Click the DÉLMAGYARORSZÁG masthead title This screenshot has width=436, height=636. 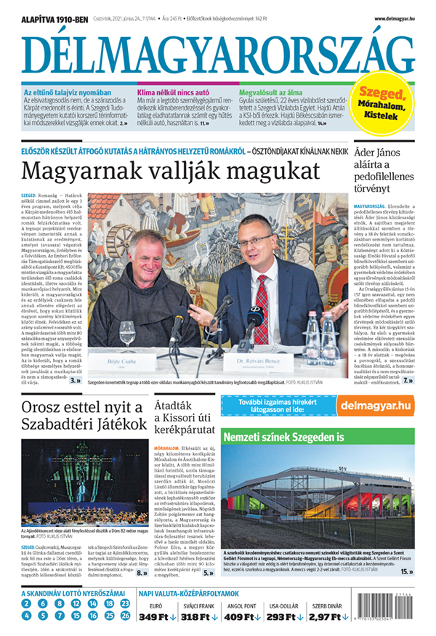click(218, 52)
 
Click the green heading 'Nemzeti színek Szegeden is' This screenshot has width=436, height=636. click(283, 439)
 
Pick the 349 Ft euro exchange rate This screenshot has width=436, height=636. click(158, 617)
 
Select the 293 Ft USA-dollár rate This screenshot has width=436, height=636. click(284, 617)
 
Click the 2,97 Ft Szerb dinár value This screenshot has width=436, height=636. click(325, 617)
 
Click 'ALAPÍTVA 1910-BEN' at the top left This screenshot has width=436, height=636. click(54, 18)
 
